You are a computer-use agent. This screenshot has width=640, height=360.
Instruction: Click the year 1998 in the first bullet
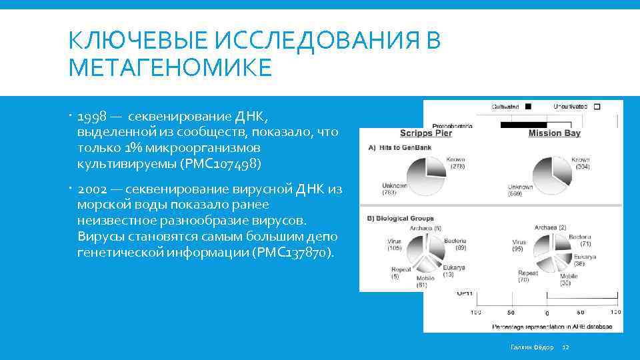pos(92,118)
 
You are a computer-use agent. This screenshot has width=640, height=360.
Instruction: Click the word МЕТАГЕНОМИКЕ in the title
pos(170,67)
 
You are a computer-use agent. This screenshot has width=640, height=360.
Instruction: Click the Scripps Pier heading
pos(425,133)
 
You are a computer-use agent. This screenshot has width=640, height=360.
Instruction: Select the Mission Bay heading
pos(554,133)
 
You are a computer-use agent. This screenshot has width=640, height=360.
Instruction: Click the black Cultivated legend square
pos(528,106)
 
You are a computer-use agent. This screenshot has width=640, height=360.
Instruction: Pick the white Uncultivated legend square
pos(597,106)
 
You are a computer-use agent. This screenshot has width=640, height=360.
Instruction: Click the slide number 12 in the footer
pos(565,347)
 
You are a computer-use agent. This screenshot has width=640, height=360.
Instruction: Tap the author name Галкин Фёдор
pos(531,347)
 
